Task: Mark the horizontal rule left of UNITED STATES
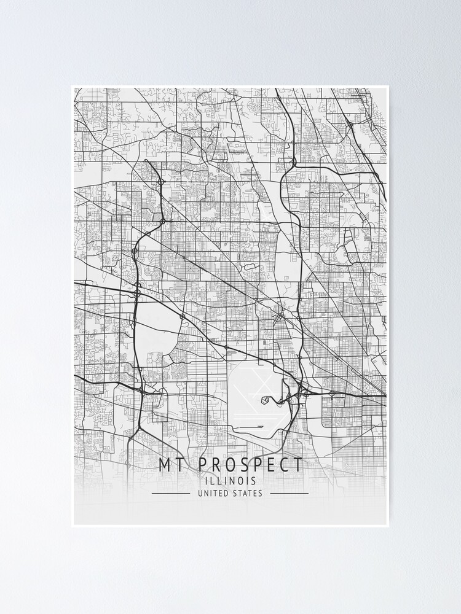click(170, 493)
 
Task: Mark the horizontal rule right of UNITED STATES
click(289, 493)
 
